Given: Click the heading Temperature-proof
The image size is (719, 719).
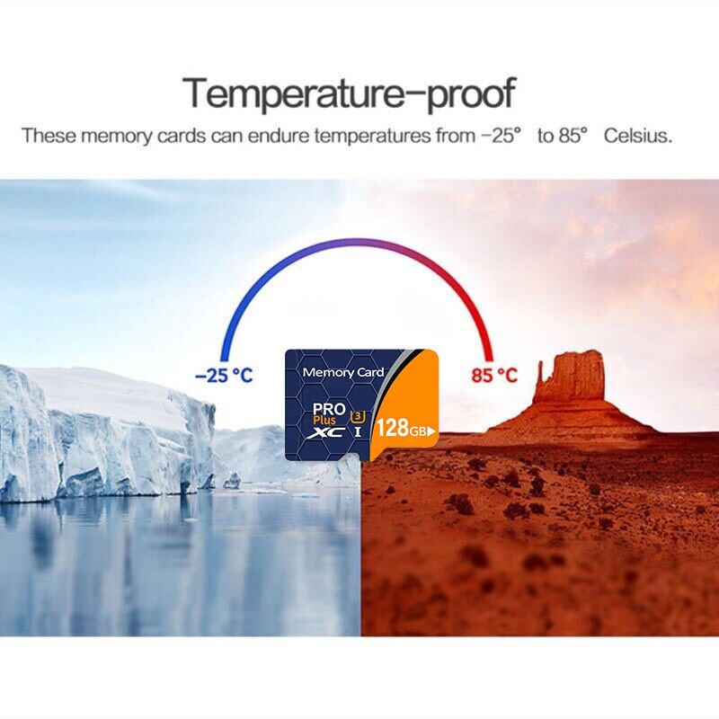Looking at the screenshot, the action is coord(349,94).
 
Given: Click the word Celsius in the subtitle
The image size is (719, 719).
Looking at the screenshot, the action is coord(638,136).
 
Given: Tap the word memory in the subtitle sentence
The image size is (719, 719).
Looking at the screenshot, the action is coord(116,137).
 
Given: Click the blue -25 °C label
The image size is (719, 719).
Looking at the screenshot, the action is coord(224,376).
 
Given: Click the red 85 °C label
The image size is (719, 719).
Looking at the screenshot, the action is coord(493,376).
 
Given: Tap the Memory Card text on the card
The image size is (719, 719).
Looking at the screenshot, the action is coord(343,372).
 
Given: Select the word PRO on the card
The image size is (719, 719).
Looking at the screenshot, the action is coord(329,409).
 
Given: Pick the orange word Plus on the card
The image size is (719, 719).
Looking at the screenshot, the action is coord(324,420).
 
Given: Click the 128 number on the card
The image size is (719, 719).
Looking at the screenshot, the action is coord(393,428).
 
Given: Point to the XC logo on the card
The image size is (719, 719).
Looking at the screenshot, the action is coord(326,432).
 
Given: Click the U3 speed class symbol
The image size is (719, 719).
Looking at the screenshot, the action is coord(358,417).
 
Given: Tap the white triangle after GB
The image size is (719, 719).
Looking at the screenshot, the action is coord(431,431).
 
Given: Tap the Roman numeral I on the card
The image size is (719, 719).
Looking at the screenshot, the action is coord(358,432).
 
